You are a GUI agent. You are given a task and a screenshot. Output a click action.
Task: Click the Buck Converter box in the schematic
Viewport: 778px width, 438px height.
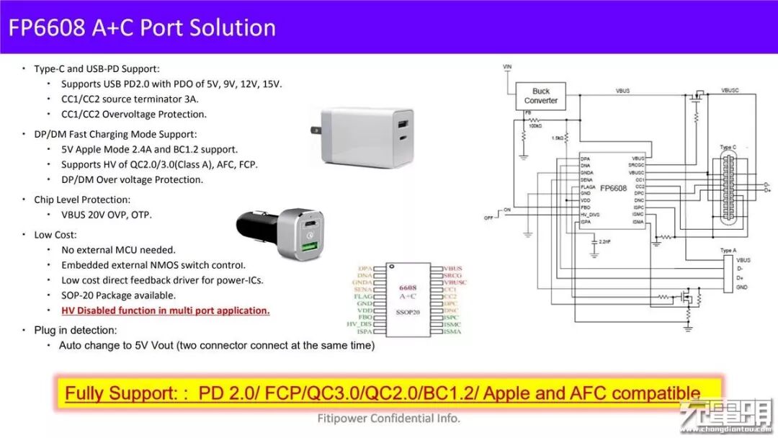540,96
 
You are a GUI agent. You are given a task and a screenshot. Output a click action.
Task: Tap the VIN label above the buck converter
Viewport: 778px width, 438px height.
507,67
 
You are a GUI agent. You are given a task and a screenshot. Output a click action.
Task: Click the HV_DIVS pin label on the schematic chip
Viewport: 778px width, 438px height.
591,215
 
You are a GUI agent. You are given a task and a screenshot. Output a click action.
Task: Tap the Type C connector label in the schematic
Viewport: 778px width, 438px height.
728,148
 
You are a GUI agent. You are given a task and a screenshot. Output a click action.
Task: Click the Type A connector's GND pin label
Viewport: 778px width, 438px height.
743,287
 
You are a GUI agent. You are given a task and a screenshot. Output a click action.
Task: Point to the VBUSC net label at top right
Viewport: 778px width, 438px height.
729,91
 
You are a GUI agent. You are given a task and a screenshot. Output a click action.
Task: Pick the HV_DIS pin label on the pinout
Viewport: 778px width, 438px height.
359,323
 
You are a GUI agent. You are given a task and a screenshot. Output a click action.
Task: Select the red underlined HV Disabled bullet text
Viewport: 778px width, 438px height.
165,310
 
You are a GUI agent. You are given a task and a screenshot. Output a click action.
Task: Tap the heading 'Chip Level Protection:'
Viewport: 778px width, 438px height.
82,200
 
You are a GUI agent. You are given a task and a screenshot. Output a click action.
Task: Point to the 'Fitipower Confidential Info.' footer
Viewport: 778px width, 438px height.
389,419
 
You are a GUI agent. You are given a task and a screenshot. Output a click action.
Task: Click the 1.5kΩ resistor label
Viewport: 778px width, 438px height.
557,137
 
